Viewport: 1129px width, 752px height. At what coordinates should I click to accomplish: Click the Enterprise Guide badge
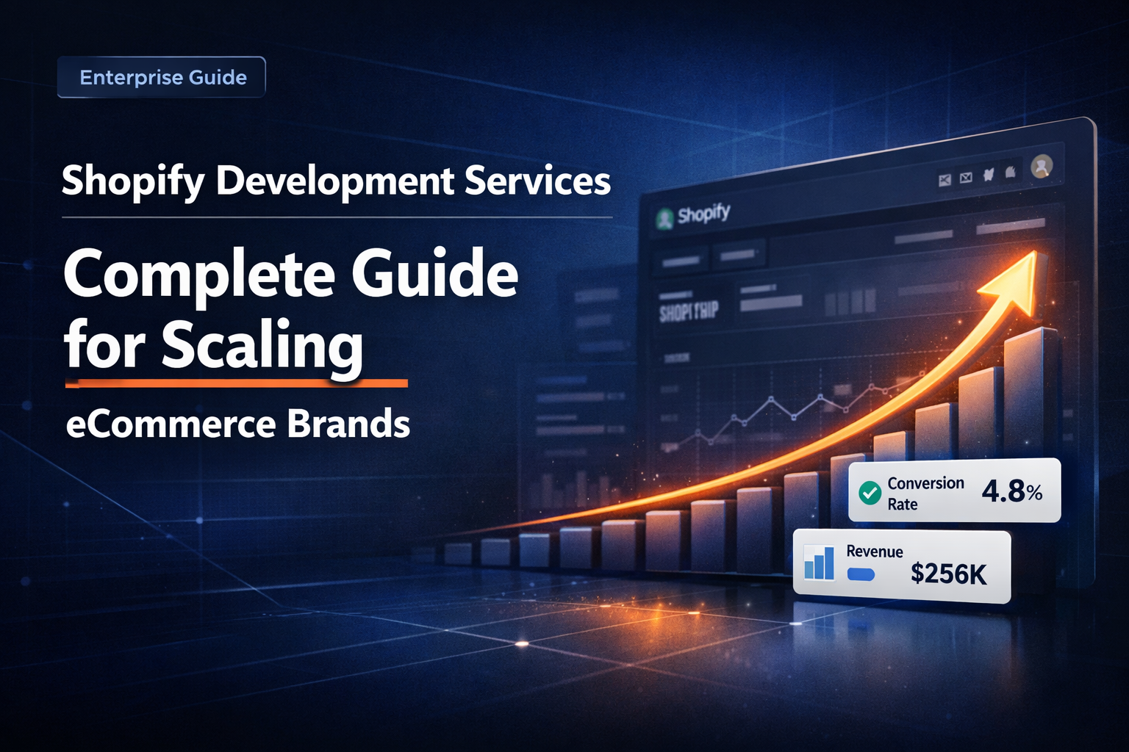tap(162, 77)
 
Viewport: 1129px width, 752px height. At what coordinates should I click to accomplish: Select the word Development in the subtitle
tap(334, 181)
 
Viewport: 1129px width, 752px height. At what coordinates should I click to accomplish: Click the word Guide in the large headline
tap(434, 273)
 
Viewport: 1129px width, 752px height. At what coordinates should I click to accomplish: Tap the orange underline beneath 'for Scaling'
tap(236, 383)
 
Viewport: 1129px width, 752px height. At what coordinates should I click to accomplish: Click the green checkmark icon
tap(870, 493)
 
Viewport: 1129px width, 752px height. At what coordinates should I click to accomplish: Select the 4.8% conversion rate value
tap(1012, 491)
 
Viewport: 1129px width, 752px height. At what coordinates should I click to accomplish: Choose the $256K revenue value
tap(948, 574)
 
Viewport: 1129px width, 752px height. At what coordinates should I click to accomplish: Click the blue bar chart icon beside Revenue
tap(819, 563)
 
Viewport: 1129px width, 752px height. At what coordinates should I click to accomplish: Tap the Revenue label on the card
tap(875, 552)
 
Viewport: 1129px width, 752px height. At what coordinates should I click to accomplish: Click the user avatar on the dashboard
tap(1042, 167)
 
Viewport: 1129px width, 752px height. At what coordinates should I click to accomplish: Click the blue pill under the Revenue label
tap(861, 574)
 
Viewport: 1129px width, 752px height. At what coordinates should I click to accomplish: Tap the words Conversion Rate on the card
tap(925, 493)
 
